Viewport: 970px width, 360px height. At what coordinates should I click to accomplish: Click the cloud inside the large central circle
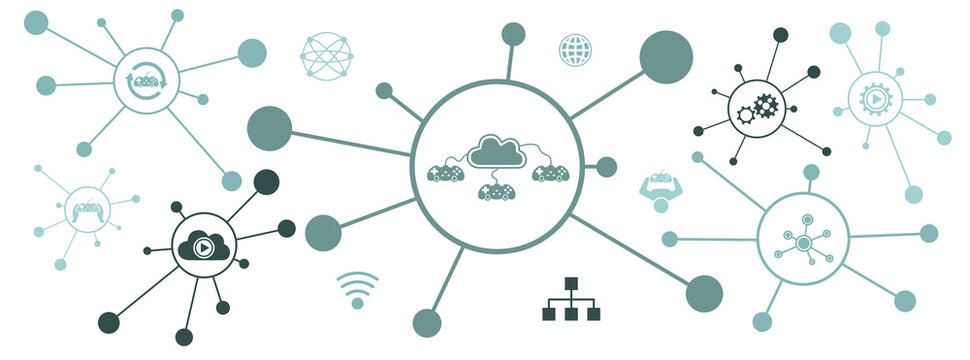pyautogui.click(x=498, y=150)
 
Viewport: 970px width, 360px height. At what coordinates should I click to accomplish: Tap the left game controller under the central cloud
pyautogui.click(x=445, y=173)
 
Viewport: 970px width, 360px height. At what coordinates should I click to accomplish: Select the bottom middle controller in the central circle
pyautogui.click(x=497, y=190)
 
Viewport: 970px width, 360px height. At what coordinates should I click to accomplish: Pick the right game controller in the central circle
pyautogui.click(x=550, y=173)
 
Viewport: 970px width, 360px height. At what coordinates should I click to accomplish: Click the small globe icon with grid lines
pyautogui.click(x=575, y=49)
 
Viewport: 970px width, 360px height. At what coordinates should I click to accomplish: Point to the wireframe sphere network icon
pyautogui.click(x=327, y=55)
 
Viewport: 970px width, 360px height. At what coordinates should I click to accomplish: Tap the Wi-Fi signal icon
pyautogui.click(x=357, y=288)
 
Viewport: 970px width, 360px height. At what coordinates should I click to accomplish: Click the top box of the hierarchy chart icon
pyautogui.click(x=571, y=284)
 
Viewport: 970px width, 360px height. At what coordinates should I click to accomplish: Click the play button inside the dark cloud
pyautogui.click(x=203, y=246)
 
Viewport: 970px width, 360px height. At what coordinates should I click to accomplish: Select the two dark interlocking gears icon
pyautogui.click(x=757, y=108)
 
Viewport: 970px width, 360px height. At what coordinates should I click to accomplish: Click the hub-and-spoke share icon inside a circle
pyautogui.click(x=802, y=240)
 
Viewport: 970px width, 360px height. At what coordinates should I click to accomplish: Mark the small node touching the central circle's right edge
pyautogui.click(x=607, y=166)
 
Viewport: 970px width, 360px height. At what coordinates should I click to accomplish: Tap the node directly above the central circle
pyautogui.click(x=513, y=34)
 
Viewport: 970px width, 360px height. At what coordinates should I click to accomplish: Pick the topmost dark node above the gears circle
pyautogui.click(x=780, y=35)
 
